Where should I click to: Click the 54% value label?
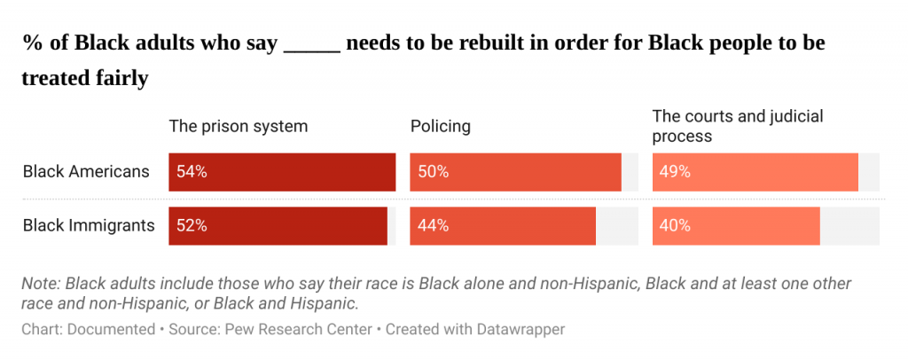tap(192, 172)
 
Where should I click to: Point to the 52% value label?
tap(192, 226)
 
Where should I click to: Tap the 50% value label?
tap(433, 172)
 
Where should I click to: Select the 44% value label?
tap(433, 226)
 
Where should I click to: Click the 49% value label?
tap(675, 172)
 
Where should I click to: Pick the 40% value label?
tap(675, 226)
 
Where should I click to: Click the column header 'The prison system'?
tap(239, 126)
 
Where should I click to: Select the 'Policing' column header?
tap(440, 126)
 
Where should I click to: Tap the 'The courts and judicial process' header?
tap(725, 126)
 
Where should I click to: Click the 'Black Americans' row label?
tap(86, 172)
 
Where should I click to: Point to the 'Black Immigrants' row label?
tap(89, 226)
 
